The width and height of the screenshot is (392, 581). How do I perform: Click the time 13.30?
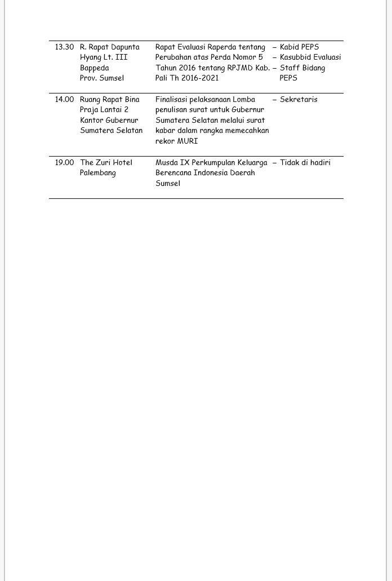pyautogui.click(x=64, y=47)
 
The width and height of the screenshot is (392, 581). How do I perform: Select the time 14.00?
pyautogui.click(x=64, y=100)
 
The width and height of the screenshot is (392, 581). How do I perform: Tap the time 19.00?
pyautogui.click(x=64, y=163)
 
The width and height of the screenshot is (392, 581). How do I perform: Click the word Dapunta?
pyautogui.click(x=125, y=47)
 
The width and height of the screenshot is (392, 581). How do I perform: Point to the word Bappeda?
pyautogui.click(x=95, y=68)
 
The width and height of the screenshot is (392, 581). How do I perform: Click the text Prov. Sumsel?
pyautogui.click(x=102, y=78)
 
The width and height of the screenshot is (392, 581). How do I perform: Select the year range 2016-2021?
pyautogui.click(x=197, y=78)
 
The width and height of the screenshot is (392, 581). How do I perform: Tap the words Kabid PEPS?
pyautogui.click(x=299, y=47)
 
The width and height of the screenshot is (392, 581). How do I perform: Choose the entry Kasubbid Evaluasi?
pyautogui.click(x=310, y=57)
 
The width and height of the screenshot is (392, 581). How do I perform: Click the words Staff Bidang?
pyautogui.click(x=302, y=68)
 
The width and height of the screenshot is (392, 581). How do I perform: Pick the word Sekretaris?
pyautogui.click(x=299, y=100)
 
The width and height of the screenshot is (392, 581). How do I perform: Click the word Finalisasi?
pyautogui.click(x=171, y=100)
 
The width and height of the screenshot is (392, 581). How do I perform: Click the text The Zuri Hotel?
pyautogui.click(x=106, y=163)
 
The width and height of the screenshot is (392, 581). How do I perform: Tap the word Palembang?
pyautogui.click(x=98, y=173)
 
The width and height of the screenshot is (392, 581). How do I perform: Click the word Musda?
pyautogui.click(x=166, y=163)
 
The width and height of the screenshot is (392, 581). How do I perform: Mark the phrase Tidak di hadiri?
pyautogui.click(x=305, y=163)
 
